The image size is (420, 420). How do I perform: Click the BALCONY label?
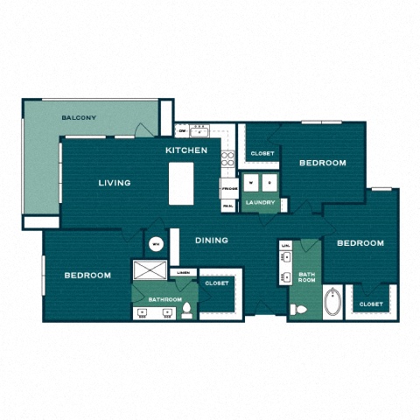click(x=79, y=118)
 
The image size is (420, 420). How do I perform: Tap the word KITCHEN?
click(x=187, y=150)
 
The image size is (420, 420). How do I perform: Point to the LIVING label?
click(x=115, y=183)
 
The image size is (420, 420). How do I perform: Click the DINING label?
click(x=212, y=240)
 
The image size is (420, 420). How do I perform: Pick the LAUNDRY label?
click(x=261, y=203)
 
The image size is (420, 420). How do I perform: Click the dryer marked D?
click(x=269, y=184)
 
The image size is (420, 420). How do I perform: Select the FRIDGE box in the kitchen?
click(x=229, y=188)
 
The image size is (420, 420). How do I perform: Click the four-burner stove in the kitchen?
click(x=227, y=159)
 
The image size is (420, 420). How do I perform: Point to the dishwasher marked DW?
click(x=182, y=131)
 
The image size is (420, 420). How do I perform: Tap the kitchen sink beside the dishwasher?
click(x=199, y=132)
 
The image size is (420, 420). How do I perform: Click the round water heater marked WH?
click(x=156, y=244)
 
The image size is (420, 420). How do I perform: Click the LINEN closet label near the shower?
click(x=183, y=272)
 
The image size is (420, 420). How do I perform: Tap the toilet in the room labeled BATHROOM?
click(x=186, y=309)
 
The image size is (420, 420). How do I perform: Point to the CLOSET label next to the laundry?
click(x=262, y=153)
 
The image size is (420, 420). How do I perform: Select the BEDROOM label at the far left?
click(x=87, y=275)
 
